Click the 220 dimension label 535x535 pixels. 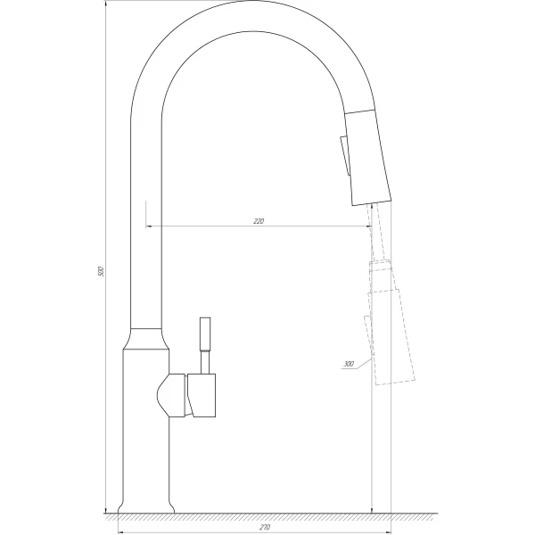(259, 220)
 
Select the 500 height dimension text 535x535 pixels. (101, 270)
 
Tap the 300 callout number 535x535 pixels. (347, 364)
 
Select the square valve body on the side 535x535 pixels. (202, 396)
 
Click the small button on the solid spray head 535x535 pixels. (342, 158)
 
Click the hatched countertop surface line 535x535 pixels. (267, 515)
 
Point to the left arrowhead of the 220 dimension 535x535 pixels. (148, 226)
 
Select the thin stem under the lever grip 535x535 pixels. (205, 361)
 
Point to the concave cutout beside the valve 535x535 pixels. (169, 396)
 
